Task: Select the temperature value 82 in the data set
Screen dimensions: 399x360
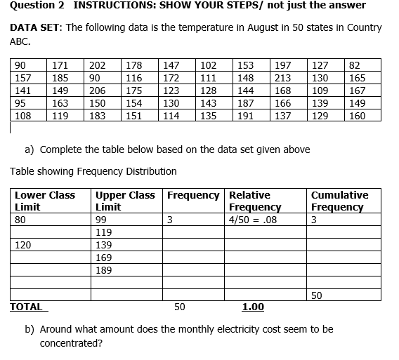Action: (355, 65)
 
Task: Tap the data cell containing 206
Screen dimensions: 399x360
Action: (98, 91)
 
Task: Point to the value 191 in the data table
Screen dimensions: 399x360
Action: (246, 116)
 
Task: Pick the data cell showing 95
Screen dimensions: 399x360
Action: (22, 104)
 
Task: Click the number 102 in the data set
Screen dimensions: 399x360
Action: (209, 65)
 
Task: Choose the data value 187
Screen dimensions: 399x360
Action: (246, 104)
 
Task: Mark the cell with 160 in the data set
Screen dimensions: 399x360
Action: (357, 116)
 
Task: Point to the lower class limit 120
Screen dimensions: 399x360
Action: (23, 245)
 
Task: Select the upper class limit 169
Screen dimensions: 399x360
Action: (104, 258)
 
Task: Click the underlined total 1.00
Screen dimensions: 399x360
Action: (253, 307)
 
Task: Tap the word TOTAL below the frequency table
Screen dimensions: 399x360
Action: (26, 307)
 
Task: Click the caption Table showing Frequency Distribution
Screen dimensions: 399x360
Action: (93, 171)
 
